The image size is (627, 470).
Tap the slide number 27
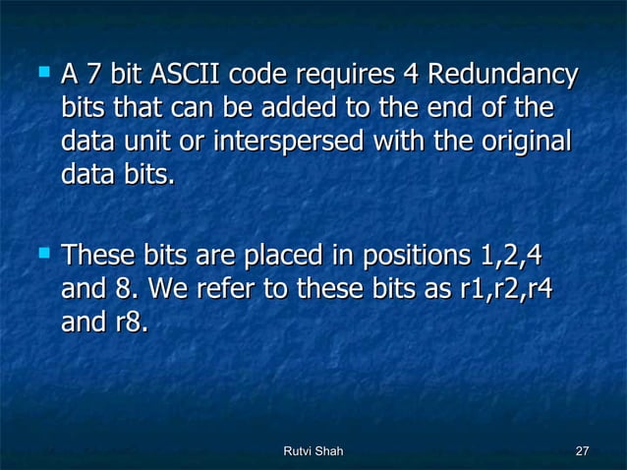click(581, 450)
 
